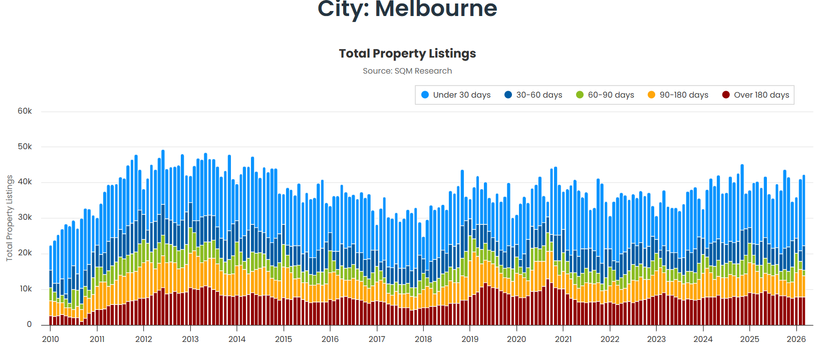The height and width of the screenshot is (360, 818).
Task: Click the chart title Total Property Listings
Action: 407,54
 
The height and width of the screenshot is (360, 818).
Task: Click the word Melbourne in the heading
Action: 436,9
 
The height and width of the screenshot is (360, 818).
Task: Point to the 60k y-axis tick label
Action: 25,111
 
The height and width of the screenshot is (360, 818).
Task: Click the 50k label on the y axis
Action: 25,147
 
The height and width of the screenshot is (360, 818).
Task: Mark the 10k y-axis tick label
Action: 26,289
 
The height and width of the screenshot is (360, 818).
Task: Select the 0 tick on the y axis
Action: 29,324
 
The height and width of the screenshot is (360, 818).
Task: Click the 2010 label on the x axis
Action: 50,339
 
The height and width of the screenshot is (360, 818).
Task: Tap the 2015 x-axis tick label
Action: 284,339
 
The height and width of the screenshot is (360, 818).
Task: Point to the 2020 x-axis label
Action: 516,339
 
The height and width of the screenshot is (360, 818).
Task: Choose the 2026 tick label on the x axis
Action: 796,339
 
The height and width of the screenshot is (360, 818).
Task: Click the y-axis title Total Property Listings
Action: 9,218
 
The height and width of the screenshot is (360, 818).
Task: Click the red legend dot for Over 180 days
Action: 726,95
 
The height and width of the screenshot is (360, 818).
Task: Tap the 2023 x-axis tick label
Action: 656,339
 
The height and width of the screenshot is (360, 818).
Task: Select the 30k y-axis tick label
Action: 25,218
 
